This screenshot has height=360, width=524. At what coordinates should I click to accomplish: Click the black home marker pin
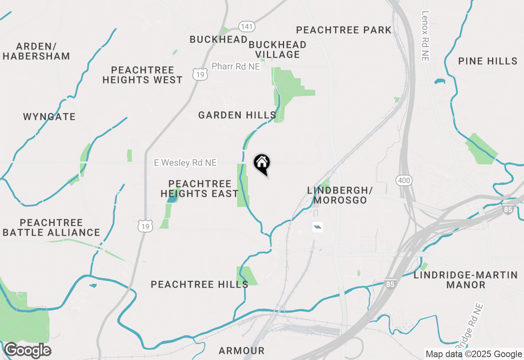click(262, 164)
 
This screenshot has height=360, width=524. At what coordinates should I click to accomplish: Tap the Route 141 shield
click(247, 27)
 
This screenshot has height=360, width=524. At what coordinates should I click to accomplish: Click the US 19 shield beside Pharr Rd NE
click(200, 74)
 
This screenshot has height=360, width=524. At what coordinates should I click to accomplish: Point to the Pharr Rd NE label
click(236, 66)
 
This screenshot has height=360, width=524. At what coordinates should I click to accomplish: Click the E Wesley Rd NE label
click(185, 163)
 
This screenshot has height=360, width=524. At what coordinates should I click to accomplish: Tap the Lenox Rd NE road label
click(425, 36)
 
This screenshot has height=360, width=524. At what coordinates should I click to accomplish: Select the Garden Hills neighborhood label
click(237, 115)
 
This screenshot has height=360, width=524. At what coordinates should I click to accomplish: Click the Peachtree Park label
click(344, 30)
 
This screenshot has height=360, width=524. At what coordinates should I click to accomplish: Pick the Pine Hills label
click(488, 61)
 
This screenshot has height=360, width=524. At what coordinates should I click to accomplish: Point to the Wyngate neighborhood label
click(49, 117)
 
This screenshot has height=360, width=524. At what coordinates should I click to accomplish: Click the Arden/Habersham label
click(36, 51)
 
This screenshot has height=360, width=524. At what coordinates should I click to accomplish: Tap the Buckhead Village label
click(278, 49)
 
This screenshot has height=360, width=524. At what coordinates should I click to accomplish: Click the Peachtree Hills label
click(199, 284)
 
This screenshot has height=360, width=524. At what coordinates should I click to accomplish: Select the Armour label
click(242, 351)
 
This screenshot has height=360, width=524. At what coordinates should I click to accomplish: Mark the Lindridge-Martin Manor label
click(466, 280)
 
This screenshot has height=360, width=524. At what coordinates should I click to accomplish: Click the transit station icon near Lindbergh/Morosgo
click(318, 227)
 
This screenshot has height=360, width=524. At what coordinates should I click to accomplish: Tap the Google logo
click(27, 351)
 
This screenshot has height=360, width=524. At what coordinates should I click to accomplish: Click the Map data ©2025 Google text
click(474, 354)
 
